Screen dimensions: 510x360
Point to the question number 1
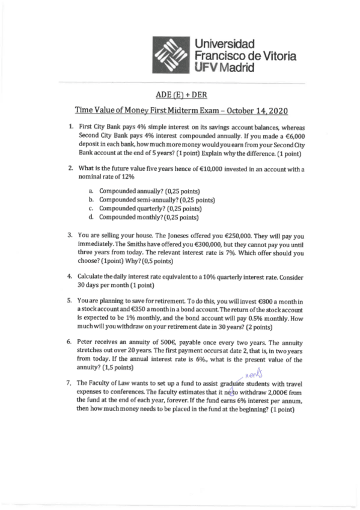tap(72, 127)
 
